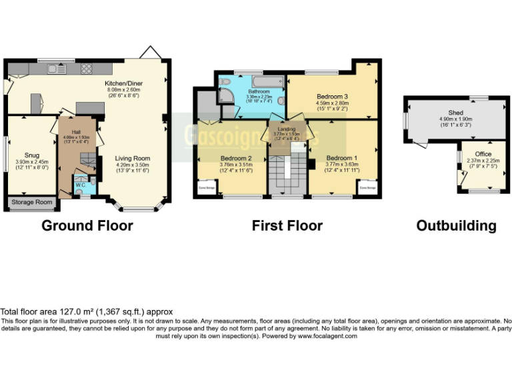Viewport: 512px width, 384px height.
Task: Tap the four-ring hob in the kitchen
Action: (x=87, y=68)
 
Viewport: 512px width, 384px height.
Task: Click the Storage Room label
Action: (x=31, y=202)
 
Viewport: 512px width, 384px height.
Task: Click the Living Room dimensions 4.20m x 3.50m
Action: (x=133, y=165)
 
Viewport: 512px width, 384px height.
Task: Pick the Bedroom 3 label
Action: (x=332, y=96)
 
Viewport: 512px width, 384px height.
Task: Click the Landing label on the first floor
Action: (x=286, y=128)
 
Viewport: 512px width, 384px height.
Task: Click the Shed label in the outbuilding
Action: (x=455, y=113)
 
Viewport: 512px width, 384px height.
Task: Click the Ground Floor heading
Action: (x=87, y=225)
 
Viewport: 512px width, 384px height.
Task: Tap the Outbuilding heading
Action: (x=456, y=225)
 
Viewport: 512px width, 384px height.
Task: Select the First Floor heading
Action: (x=287, y=225)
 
